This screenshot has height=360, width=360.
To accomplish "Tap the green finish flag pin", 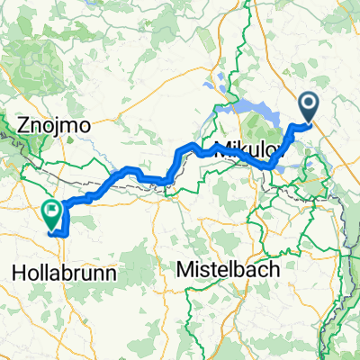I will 51,213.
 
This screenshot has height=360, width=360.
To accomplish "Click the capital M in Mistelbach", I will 184,268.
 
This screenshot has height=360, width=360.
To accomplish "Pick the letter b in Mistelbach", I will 238,268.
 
